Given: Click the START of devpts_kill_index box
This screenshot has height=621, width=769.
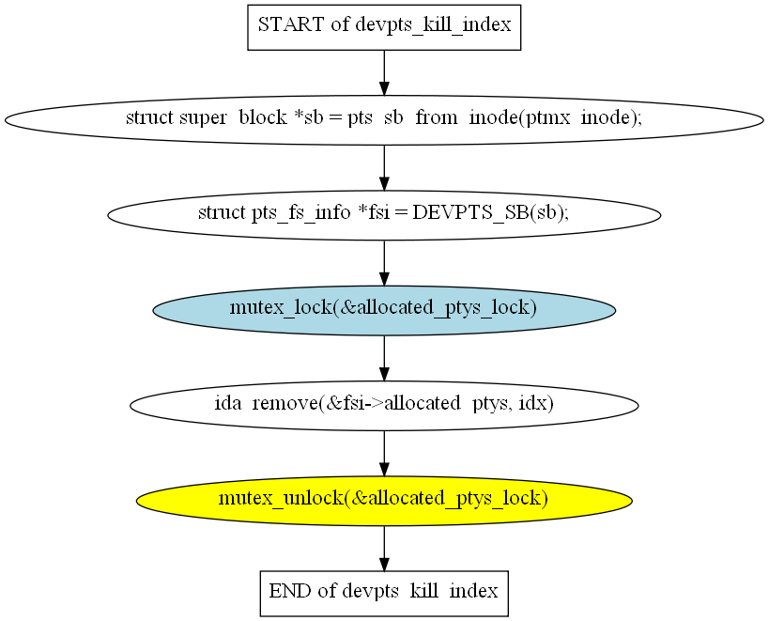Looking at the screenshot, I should point(383,25).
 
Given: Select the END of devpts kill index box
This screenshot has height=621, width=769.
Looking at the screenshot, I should point(383,592).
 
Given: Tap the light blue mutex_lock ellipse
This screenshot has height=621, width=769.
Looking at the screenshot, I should point(383,308).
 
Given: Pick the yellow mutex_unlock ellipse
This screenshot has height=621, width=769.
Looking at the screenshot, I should point(383,498).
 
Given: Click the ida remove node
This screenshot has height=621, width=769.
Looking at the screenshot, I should point(383,404).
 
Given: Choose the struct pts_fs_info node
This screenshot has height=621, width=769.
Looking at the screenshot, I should point(383,213).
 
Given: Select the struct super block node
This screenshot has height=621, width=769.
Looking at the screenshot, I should point(383,119).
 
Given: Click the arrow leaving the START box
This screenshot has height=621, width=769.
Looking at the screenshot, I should point(383,71).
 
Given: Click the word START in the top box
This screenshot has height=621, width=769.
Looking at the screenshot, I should point(290,25).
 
